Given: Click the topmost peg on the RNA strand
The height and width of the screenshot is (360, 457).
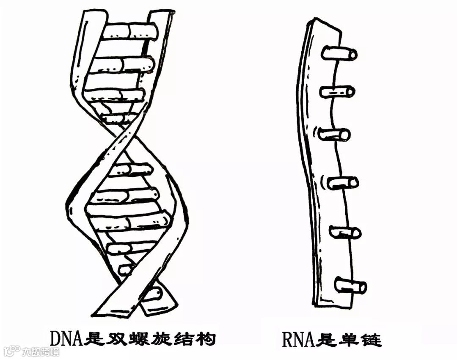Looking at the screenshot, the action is (339, 54).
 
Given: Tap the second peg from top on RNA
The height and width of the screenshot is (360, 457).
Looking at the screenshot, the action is (337, 92).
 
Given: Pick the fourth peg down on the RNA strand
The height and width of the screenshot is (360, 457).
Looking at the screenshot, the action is (343, 183).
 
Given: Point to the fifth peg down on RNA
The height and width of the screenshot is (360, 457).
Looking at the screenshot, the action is (345, 232).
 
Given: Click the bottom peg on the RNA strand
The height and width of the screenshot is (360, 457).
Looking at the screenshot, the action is (350, 286).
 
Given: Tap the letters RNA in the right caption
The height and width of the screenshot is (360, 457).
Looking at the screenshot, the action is (297, 338).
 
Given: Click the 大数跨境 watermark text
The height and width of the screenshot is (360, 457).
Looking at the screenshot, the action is (41, 352).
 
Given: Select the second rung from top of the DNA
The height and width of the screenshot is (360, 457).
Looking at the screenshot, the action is (123, 64).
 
